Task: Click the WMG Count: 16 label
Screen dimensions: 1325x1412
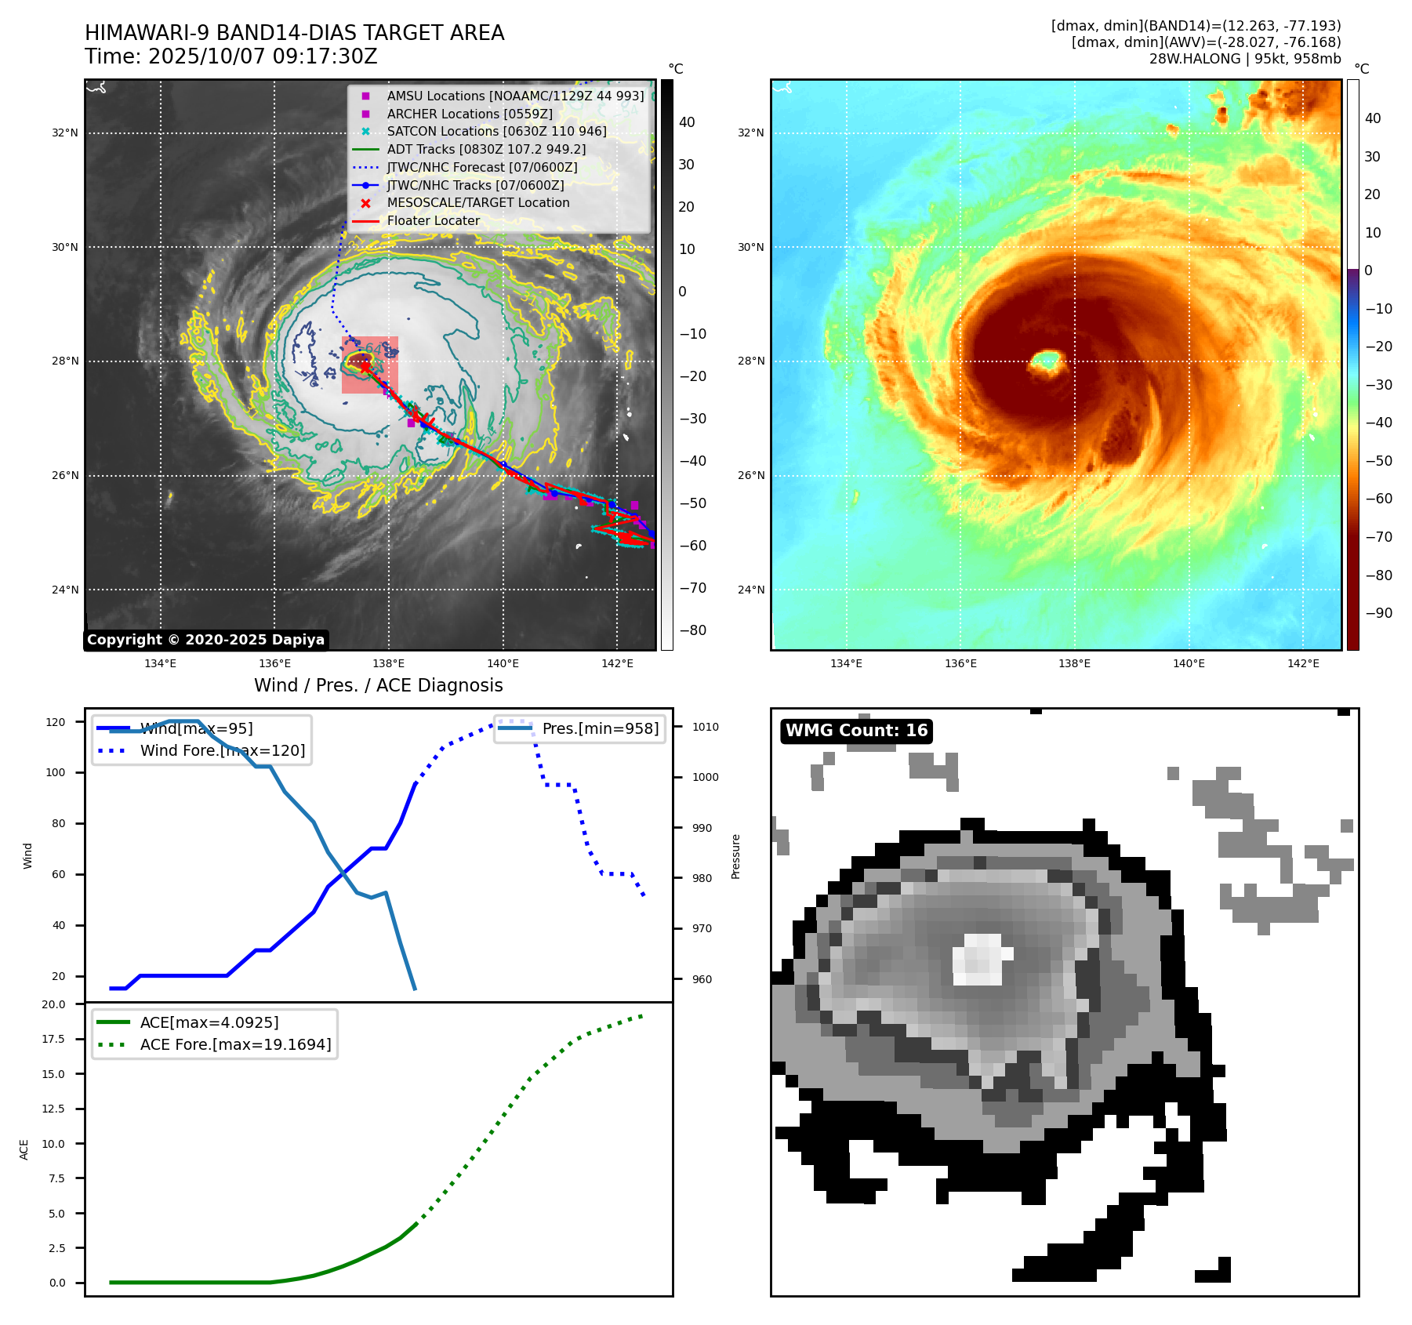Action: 856,731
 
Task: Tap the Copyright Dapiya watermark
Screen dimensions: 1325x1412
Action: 205,640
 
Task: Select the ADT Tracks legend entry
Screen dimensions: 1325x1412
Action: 486,149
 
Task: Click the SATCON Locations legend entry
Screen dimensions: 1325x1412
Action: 496,131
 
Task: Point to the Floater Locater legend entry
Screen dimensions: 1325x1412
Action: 433,220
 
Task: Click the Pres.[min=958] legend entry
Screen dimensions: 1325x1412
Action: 600,728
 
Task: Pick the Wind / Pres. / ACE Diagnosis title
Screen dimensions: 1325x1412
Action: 378,685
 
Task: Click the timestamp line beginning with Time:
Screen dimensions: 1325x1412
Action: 231,56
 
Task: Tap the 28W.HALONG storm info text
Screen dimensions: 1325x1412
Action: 1244,59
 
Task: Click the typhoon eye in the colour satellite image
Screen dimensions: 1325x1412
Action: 1046,361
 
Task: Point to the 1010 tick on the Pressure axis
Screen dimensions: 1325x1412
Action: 705,727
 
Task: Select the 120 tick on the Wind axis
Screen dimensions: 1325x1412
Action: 56,722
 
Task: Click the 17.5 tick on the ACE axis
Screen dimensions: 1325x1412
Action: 53,1039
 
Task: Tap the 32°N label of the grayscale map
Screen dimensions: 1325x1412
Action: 65,133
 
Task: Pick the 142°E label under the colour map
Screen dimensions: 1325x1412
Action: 1303,663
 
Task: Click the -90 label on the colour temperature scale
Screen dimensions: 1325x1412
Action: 1378,613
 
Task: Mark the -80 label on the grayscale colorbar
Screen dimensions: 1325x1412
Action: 692,630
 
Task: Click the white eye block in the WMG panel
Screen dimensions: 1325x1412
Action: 979,959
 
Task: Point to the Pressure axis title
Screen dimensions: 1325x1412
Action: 735,856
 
